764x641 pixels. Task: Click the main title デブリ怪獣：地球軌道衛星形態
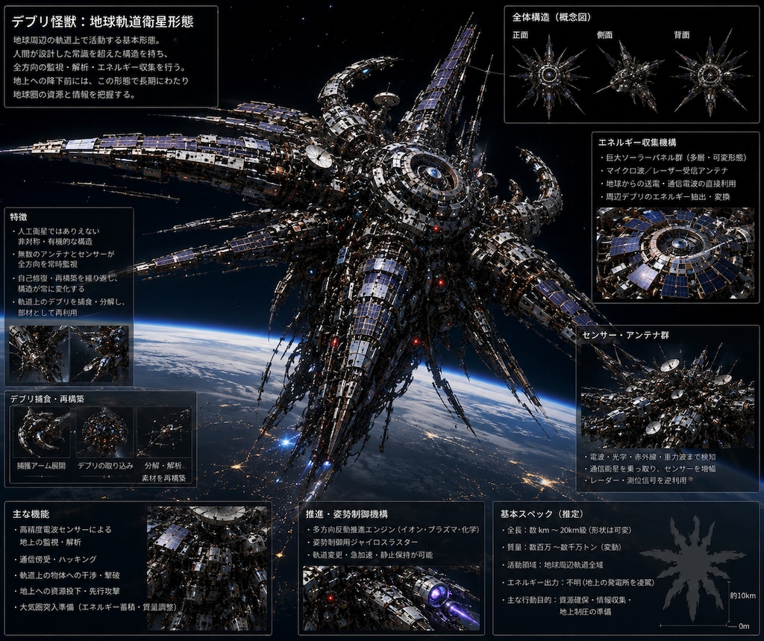102,22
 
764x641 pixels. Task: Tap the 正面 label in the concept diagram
520,35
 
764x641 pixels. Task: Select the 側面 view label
604,35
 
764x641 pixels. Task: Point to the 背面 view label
682,35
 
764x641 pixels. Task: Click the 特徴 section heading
19,217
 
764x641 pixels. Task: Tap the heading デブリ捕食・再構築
47,398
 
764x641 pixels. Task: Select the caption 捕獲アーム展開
41,466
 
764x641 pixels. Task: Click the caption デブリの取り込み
105,466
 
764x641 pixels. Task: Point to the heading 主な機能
31,514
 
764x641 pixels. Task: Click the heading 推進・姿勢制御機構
347,514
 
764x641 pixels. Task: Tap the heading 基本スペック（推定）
542,514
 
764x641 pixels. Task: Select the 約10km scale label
743,595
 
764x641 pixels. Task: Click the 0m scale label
744,626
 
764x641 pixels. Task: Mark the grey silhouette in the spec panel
692,568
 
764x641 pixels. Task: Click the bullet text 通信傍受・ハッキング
57,559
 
